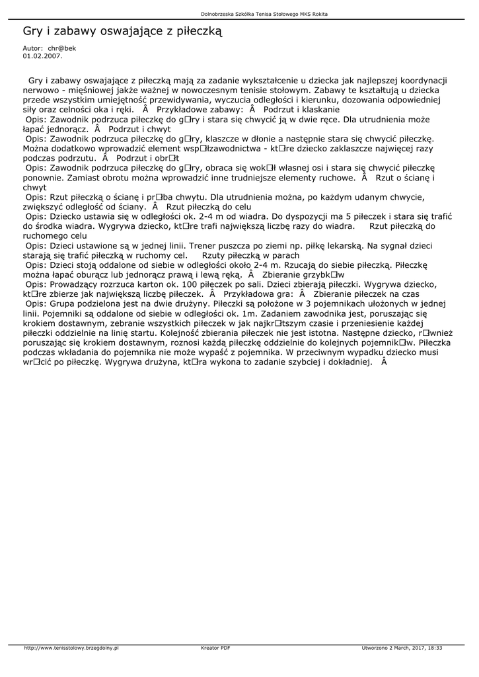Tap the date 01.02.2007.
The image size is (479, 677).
pos(42,56)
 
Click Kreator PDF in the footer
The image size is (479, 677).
pos(215,648)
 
